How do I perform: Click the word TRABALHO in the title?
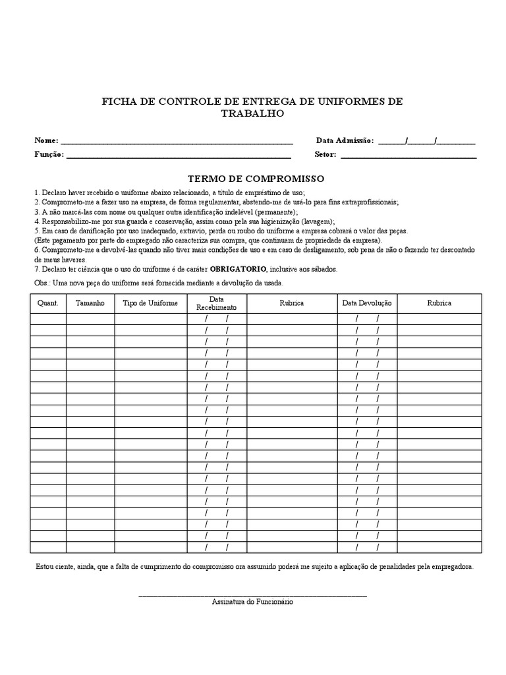click(252, 113)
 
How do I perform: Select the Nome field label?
click(46, 140)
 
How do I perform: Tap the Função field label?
click(49, 154)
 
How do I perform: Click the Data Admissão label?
click(345, 140)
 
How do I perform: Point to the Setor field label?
click(325, 154)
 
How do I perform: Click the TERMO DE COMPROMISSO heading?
click(256, 179)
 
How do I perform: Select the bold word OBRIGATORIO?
click(238, 269)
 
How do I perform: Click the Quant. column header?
click(48, 303)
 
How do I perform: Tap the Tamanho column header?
click(90, 303)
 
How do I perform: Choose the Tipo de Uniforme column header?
click(150, 303)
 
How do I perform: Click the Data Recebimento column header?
click(216, 303)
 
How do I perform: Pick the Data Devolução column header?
click(367, 303)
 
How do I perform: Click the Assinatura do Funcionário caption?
click(252, 602)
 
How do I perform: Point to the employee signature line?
click(252, 595)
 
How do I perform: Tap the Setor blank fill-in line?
click(408, 156)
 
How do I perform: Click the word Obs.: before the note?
click(42, 283)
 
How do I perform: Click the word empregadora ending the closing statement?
click(451, 567)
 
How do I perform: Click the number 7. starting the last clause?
click(37, 269)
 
